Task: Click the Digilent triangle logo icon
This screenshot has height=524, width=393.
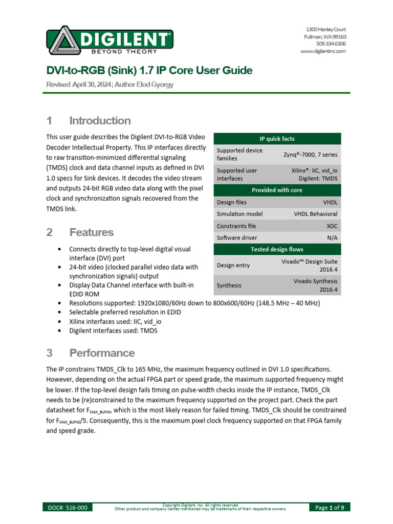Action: click(x=62, y=41)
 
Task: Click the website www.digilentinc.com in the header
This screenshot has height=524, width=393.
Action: click(x=323, y=51)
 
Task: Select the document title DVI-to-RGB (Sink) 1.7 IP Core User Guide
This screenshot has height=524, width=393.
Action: click(x=149, y=71)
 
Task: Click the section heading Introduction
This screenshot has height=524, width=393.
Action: click(x=100, y=121)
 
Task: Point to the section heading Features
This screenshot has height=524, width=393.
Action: click(x=91, y=232)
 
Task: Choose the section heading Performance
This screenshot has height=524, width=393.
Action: click(x=102, y=353)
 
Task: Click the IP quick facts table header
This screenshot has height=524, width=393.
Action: click(x=277, y=139)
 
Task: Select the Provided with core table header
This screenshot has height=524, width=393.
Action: click(x=277, y=190)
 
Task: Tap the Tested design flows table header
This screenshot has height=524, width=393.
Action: click(x=277, y=249)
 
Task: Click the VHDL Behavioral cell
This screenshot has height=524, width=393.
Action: click(x=315, y=214)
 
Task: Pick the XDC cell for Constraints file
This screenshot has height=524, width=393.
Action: click(x=331, y=226)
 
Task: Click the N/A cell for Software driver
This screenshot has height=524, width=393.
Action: click(x=332, y=238)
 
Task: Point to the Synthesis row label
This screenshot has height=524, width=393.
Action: click(x=229, y=285)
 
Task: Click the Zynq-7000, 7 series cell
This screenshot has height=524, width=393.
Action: click(x=310, y=155)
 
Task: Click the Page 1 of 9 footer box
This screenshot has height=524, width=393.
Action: click(x=330, y=508)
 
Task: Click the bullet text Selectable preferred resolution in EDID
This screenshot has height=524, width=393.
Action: click(x=125, y=312)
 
